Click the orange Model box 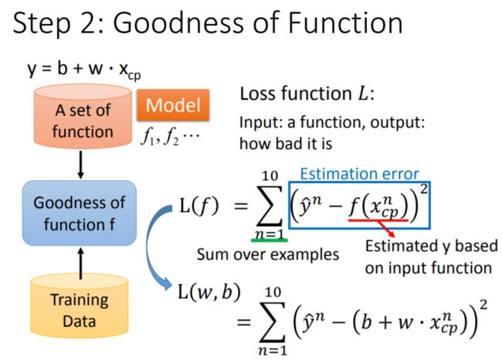coord(173,105)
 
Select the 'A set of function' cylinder coord(83,117)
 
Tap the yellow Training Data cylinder coord(80,306)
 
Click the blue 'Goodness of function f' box coord(80,213)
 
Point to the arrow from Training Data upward coord(80,263)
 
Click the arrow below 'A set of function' coord(80,165)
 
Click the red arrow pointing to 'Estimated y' coord(385,229)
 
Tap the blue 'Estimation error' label coord(359,174)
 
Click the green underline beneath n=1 coord(270,240)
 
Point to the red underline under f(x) coord(378,220)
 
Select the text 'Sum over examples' coord(268,255)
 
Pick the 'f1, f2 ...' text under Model coord(170,138)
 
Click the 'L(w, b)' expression coord(209,292)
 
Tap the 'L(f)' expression coord(199,205)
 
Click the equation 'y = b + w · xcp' coord(84,70)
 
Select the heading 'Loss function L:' coord(307,93)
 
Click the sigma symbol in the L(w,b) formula coord(273,322)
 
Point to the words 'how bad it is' coord(286,144)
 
